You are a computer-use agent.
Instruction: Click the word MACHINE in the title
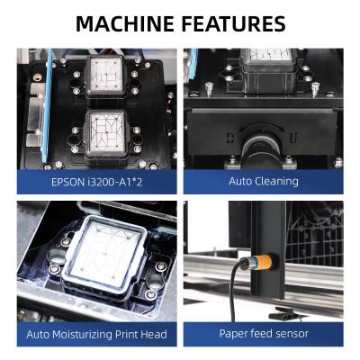[125, 23]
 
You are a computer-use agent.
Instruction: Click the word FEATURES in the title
[234, 23]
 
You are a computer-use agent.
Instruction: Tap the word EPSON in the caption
[67, 182]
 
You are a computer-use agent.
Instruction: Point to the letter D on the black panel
[229, 138]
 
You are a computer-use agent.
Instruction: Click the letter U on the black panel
[293, 139]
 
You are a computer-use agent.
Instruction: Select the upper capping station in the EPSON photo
[105, 76]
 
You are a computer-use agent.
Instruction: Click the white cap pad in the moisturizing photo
[105, 250]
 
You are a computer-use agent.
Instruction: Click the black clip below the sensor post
[283, 313]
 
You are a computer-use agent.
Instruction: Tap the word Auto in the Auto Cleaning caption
[240, 181]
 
